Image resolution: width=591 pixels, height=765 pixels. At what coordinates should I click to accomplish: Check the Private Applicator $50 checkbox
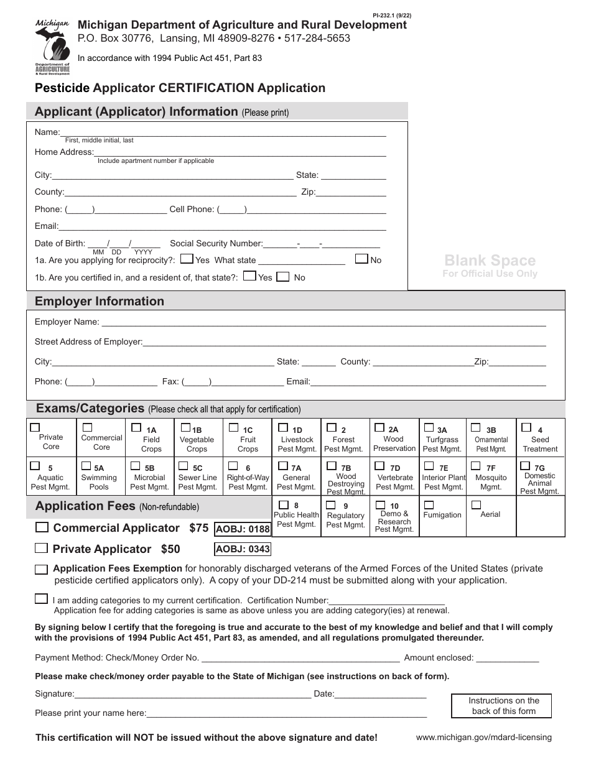pos(42,549)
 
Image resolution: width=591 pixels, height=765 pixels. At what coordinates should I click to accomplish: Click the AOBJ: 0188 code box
pos(243,529)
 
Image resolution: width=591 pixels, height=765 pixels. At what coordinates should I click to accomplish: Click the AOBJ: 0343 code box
pos(243,549)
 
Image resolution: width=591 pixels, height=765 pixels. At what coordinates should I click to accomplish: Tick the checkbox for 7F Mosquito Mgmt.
pos(475,466)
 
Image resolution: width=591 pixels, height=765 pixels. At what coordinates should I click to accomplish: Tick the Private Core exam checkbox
pos(35,427)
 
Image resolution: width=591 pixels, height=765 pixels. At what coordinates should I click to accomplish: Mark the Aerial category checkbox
pos(477,504)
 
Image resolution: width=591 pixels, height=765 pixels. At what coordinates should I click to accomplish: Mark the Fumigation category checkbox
pos(429,504)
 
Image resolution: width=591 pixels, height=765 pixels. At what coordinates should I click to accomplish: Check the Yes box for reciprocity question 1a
pos(185,259)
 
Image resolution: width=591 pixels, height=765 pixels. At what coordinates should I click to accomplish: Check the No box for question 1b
pos(282,276)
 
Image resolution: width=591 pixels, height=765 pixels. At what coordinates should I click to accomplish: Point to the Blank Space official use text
pos(490,261)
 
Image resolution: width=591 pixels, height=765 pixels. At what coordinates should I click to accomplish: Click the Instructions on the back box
pos(504,706)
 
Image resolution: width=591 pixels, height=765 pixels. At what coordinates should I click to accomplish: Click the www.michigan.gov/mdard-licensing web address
pos(483,738)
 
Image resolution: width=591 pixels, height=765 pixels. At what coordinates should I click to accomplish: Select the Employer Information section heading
pos(100,301)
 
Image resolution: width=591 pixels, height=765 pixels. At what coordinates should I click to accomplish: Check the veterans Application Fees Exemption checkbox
pos(42,569)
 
